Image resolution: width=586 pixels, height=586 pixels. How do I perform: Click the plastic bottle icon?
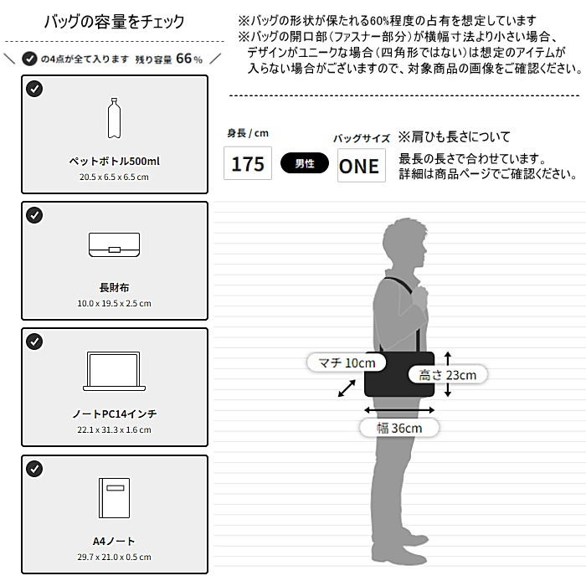coord(114,118)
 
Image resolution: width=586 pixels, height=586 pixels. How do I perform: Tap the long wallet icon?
coord(115,244)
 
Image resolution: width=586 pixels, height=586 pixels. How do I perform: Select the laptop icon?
coord(114,371)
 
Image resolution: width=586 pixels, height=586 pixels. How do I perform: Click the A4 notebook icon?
coord(115,498)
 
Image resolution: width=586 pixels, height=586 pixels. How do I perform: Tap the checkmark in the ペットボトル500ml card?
coord(34,89)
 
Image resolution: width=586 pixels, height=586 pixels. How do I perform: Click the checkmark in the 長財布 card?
coord(34,215)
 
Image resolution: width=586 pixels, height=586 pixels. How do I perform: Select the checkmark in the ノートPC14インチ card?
coord(34,342)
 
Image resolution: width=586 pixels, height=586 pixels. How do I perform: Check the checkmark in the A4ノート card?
coord(34,469)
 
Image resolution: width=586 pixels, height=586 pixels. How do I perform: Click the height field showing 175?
coord(248,163)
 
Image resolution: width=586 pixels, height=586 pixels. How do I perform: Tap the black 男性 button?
coord(305,163)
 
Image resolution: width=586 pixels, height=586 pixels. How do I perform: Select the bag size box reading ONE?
coord(362,165)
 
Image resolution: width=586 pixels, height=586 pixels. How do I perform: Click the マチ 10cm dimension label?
coord(347,362)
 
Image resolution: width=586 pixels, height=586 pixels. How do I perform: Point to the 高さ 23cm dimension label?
coord(448,374)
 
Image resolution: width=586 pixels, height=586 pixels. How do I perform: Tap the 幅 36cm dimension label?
coord(399,428)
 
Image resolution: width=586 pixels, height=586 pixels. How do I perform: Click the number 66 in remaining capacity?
coord(184,59)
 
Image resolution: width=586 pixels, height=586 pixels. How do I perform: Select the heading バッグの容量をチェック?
coord(115,22)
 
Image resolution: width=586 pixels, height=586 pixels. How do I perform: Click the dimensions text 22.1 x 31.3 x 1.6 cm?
coord(115,429)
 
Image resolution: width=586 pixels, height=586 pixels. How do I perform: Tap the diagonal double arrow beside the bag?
coord(347,388)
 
